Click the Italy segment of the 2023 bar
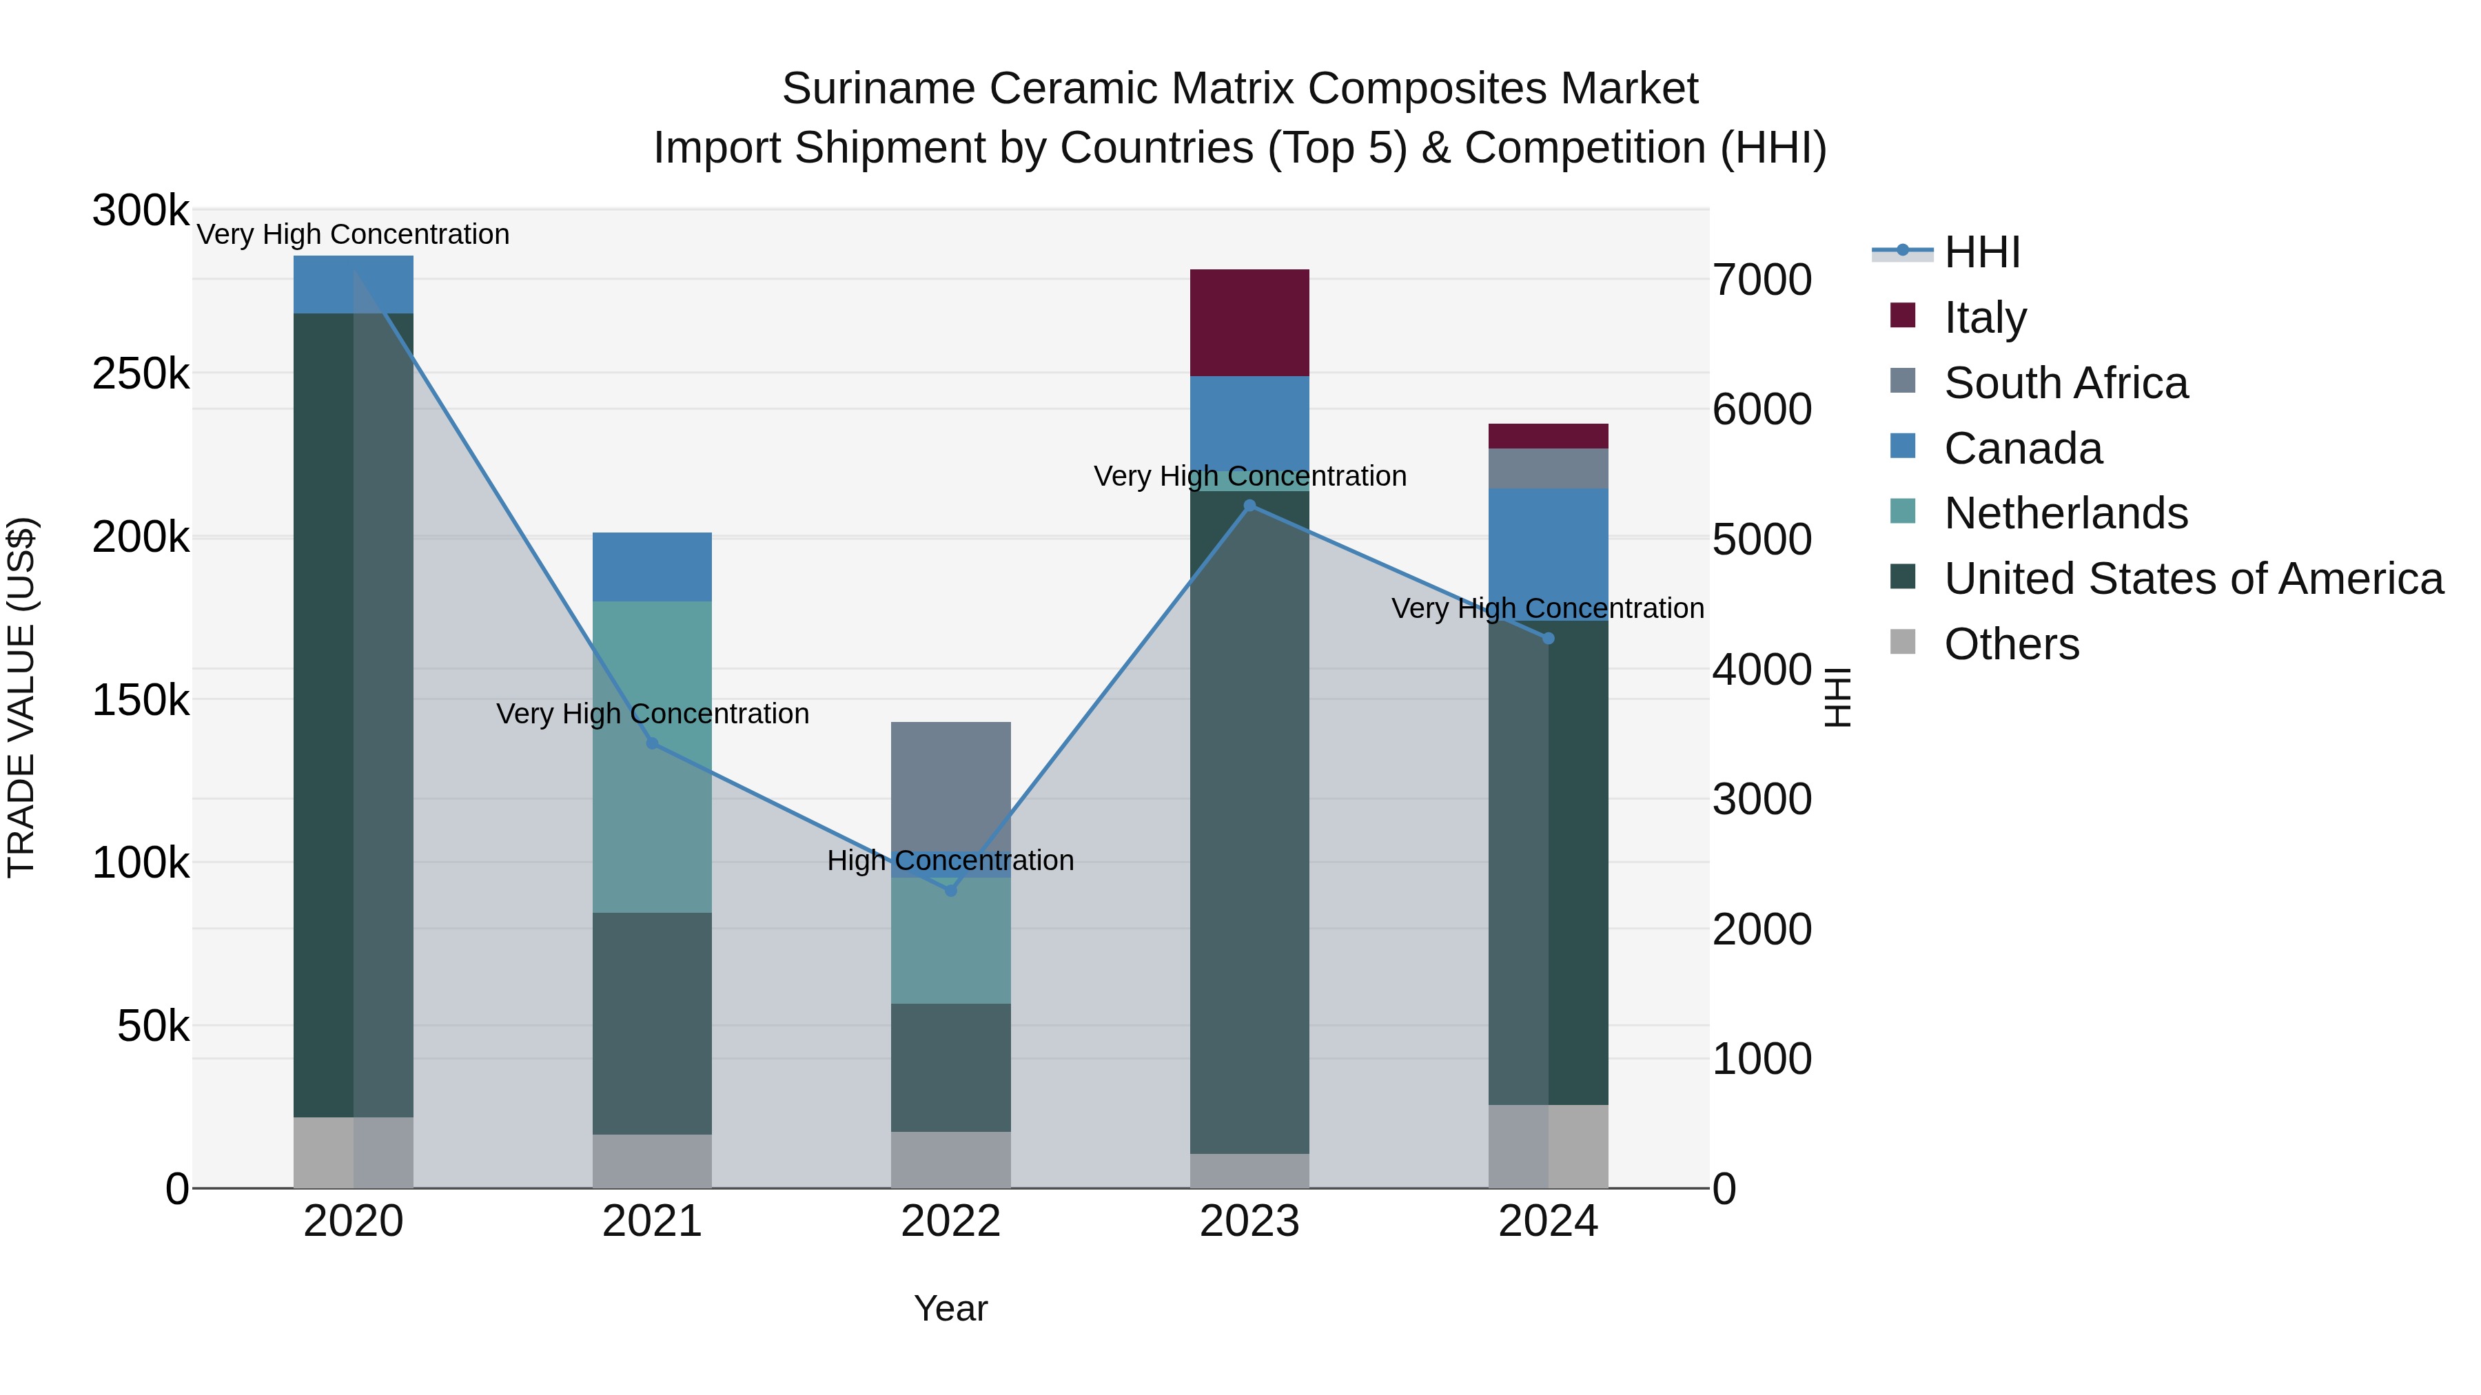pyautogui.click(x=1249, y=322)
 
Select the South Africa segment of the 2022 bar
pyautogui.click(x=950, y=785)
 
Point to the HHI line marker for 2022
pyautogui.click(x=950, y=891)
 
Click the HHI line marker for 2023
pyautogui.click(x=1249, y=506)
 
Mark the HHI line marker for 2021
pyautogui.click(x=652, y=743)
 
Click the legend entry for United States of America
pyautogui.click(x=2192, y=579)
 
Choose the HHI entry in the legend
pyautogui.click(x=1981, y=252)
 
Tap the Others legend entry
pyautogui.click(x=2011, y=644)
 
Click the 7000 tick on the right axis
pyautogui.click(x=1762, y=280)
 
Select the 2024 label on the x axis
pyautogui.click(x=1548, y=1221)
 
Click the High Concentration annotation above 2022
pyautogui.click(x=950, y=860)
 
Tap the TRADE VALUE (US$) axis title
pyautogui.click(x=21, y=697)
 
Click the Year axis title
pyautogui.click(x=950, y=1308)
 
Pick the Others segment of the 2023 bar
pyautogui.click(x=1249, y=1170)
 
